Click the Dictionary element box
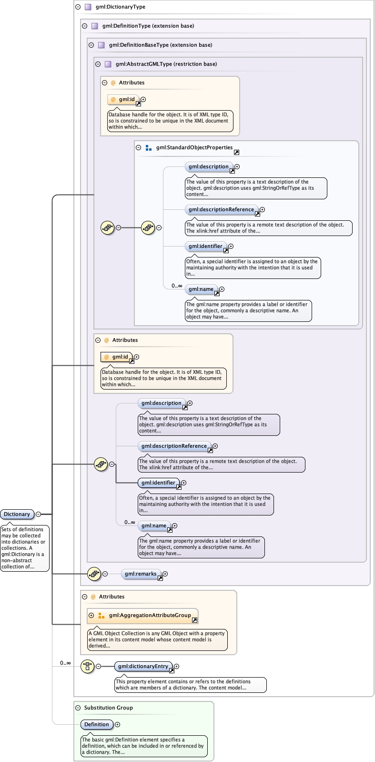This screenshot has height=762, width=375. pyautogui.click(x=17, y=514)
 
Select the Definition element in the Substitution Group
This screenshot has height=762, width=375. pyautogui.click(x=97, y=724)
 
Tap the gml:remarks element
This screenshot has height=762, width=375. pyautogui.click(x=141, y=574)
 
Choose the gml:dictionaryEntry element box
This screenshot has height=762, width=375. pyautogui.click(x=143, y=666)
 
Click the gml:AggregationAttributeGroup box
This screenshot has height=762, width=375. pyautogui.click(x=150, y=615)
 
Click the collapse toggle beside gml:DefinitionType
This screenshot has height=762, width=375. pyautogui.click(x=84, y=26)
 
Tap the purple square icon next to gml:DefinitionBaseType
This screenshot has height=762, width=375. pyautogui.click(x=101, y=45)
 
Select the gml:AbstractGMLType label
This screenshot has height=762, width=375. pyautogui.click(x=166, y=64)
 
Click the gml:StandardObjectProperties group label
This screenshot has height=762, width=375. pyautogui.click(x=194, y=147)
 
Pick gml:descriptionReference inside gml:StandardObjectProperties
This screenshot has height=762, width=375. pyautogui.click(x=221, y=209)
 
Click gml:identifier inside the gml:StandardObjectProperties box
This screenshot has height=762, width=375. pyautogui.click(x=205, y=246)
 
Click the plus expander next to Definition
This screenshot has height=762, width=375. pyautogui.click(x=118, y=724)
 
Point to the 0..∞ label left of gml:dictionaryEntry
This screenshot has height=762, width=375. pyautogui.click(x=65, y=663)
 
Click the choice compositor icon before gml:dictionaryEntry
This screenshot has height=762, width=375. pyautogui.click(x=87, y=666)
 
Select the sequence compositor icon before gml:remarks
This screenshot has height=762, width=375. pyautogui.click(x=94, y=574)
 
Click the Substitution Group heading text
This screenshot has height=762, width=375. pyautogui.click(x=108, y=708)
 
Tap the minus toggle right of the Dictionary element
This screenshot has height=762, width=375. pyautogui.click(x=39, y=514)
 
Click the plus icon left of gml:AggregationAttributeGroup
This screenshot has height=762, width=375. pyautogui.click(x=91, y=615)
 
